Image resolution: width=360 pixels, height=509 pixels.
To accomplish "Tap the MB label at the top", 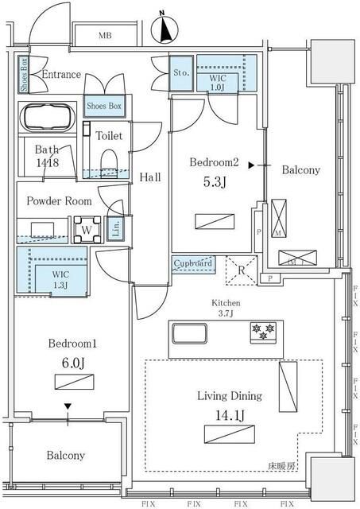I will tap(105, 36).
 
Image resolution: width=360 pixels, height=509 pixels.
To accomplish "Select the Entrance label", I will tap(61, 75).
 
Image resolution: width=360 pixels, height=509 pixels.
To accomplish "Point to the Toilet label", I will tap(109, 136).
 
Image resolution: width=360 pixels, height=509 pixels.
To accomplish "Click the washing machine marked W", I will tap(86, 231).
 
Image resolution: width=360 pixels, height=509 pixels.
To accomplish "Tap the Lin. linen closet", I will tap(115, 229).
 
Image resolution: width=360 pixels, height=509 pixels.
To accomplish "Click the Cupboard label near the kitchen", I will tap(192, 263).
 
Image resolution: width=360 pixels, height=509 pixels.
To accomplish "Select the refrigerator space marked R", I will tap(240, 269).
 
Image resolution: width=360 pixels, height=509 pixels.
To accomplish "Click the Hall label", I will tap(149, 177).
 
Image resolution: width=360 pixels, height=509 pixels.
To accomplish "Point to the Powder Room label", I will tap(59, 201).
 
